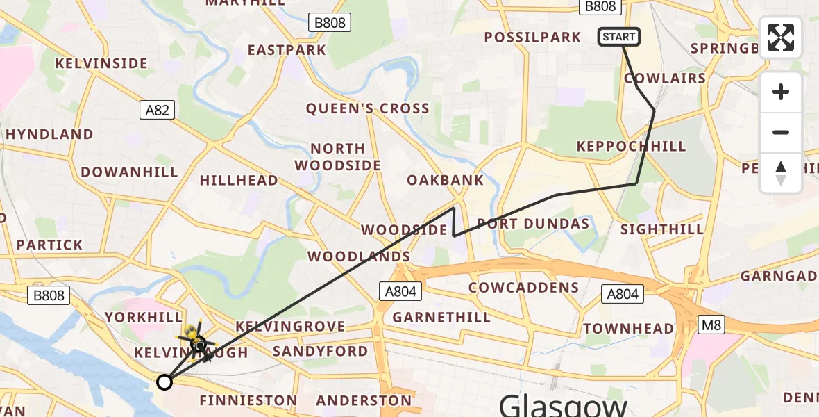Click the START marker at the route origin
pos(618,37)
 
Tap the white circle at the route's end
pos(164,382)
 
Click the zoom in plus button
pos(781,92)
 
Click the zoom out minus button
pos(781,133)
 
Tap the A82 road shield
pos(156,110)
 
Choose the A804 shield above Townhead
pos(622,294)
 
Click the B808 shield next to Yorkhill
pos(49,295)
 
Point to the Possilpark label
pos(533,38)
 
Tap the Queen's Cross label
pos(368,108)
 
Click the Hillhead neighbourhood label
pos(239,181)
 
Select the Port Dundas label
pos(533,224)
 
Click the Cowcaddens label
pos(523,288)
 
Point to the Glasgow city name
pos(563,404)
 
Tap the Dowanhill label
pos(129,172)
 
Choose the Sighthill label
pos(662,229)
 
